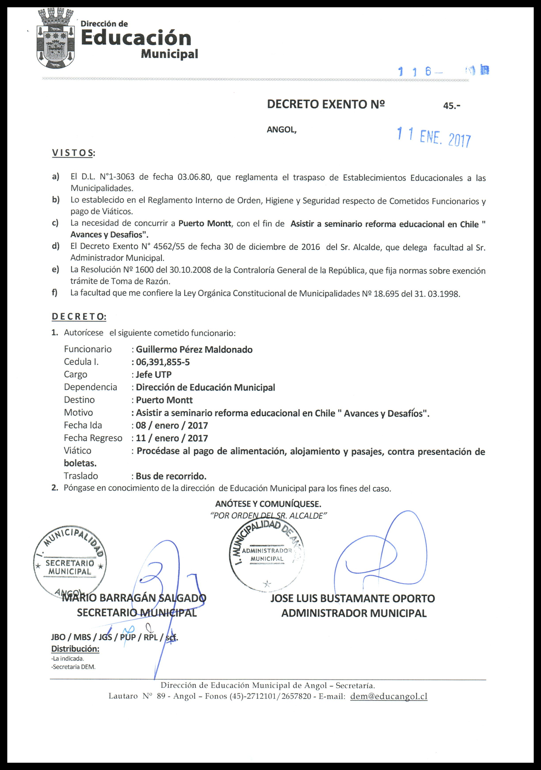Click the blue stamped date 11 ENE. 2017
coord(434,137)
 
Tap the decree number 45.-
coord(451,106)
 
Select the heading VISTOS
coord(73,153)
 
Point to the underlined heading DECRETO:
coord(79,317)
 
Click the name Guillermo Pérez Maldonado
coord(194,349)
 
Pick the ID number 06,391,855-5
coord(163,362)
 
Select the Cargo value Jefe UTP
coord(154,375)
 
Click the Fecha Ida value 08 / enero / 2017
coord(172,426)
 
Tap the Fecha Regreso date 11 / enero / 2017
coord(172,438)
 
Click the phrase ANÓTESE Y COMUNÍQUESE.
coord(268,504)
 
